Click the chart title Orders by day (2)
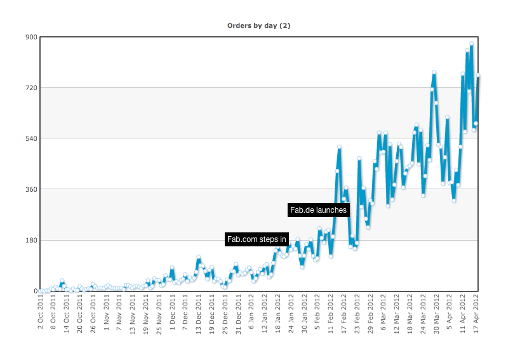point(259,25)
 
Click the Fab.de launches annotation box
point(318,210)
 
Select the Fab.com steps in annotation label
point(256,239)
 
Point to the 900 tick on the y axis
point(32,37)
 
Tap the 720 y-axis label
point(32,88)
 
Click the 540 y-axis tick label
point(32,138)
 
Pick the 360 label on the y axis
point(32,189)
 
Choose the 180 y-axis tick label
point(32,240)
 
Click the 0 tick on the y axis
point(36,291)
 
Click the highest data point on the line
point(472,44)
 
